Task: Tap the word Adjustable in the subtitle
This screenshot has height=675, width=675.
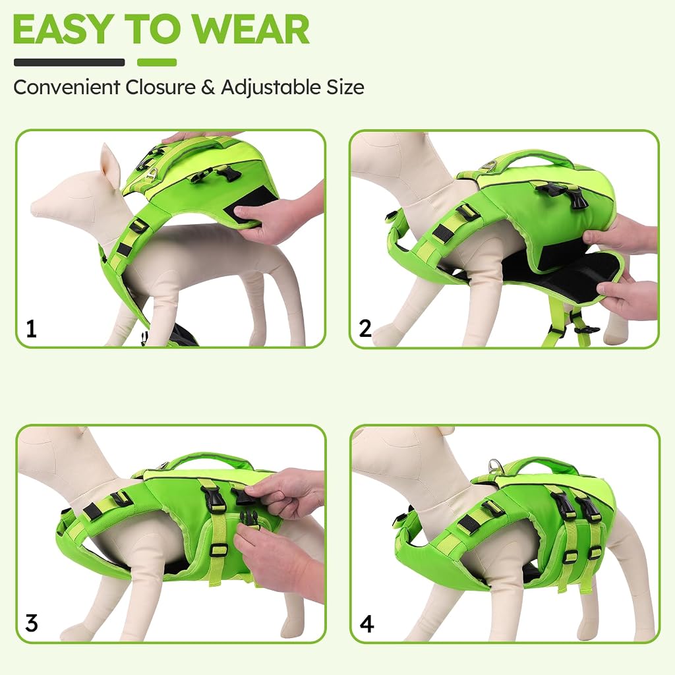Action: (x=271, y=88)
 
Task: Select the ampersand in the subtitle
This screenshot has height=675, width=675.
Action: (x=208, y=88)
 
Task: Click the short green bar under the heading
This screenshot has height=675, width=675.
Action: (x=157, y=63)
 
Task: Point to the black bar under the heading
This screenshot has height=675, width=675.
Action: (x=69, y=63)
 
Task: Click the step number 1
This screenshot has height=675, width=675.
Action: (x=31, y=329)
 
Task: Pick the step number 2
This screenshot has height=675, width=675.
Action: (x=365, y=329)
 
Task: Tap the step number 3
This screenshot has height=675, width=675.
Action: (x=32, y=623)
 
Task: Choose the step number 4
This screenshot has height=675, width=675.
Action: (x=367, y=624)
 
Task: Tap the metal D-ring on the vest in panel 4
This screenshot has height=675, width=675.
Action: (x=494, y=465)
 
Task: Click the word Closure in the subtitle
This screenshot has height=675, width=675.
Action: (x=160, y=88)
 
